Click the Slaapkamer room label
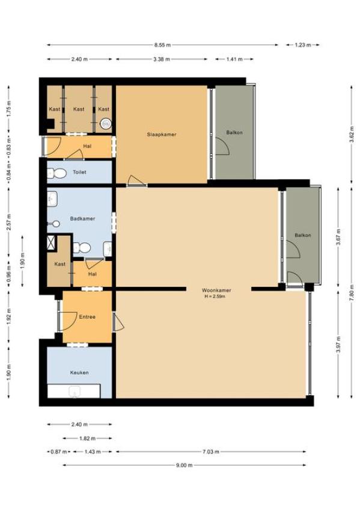pos(162,134)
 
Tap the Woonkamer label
pos(216,290)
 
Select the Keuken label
pos(79,372)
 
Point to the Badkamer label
pos(82,218)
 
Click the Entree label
pos(87,316)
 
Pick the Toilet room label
pos(79,172)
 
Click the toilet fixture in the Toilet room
pos(57,173)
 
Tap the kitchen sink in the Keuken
pos(75,392)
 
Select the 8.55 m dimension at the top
pos(162,45)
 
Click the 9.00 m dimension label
pos(185,465)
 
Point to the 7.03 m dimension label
pos(210,452)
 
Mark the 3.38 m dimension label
pos(162,59)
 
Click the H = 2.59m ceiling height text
pos(215,296)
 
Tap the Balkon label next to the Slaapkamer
pos(234,132)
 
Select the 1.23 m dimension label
pos(303,45)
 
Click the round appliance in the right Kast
pos(106,123)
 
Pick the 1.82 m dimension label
pos(87,438)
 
